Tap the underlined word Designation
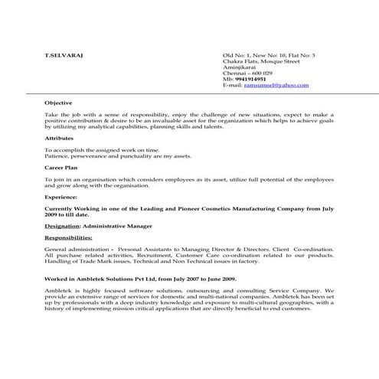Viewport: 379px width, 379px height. click(x=62, y=226)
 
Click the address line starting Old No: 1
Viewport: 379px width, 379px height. click(x=268, y=57)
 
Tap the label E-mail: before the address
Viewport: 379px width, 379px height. click(x=232, y=85)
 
